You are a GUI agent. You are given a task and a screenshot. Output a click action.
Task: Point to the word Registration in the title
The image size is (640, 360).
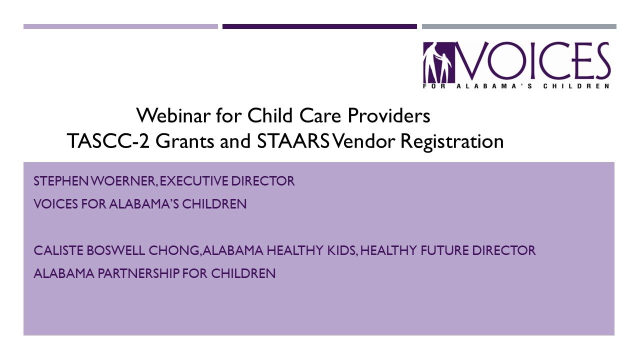(452, 141)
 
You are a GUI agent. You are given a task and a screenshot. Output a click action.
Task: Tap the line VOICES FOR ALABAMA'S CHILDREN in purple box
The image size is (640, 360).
(140, 204)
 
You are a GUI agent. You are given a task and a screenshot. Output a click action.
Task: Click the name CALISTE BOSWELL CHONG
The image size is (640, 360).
(116, 250)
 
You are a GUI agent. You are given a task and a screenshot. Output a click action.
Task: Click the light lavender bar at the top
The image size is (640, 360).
(120, 26)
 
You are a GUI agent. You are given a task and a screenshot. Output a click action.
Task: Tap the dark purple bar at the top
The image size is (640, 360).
(319, 26)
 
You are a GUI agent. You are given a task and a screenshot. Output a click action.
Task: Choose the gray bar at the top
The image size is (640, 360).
(519, 26)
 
